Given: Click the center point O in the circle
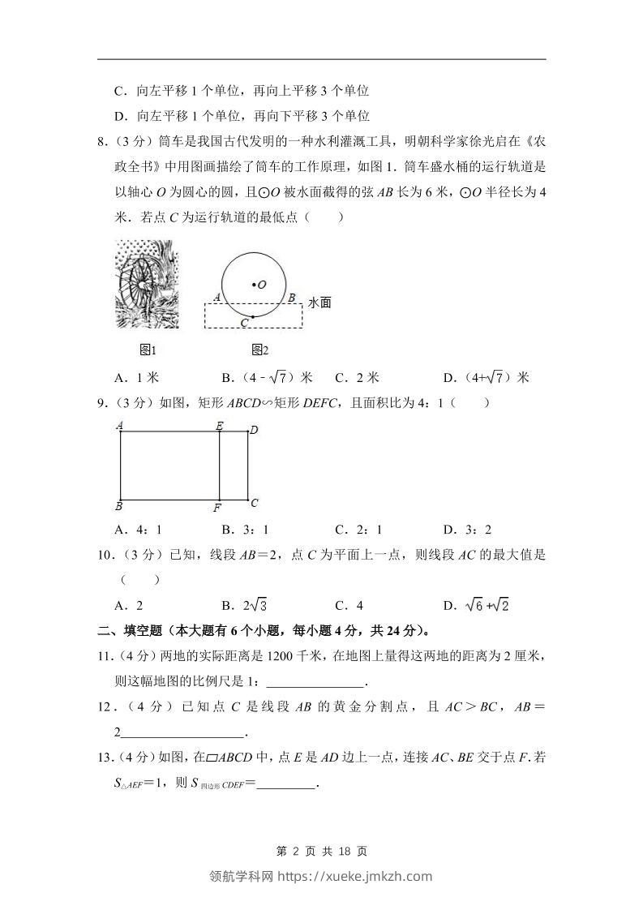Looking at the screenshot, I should click(x=253, y=284).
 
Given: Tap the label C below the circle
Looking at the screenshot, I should click(x=244, y=323).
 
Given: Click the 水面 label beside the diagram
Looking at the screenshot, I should click(x=320, y=303).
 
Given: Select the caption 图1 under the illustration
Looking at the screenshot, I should click(x=148, y=350).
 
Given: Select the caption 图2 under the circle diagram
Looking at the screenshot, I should click(x=259, y=350).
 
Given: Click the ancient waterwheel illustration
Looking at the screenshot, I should click(x=147, y=284).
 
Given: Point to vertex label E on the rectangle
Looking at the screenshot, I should click(x=219, y=425).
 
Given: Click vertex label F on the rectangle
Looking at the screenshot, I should click(x=217, y=509).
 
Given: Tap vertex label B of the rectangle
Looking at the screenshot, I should click(x=119, y=507).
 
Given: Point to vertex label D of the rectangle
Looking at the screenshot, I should click(x=253, y=430).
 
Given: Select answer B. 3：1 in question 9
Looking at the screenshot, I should click(x=245, y=530).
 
